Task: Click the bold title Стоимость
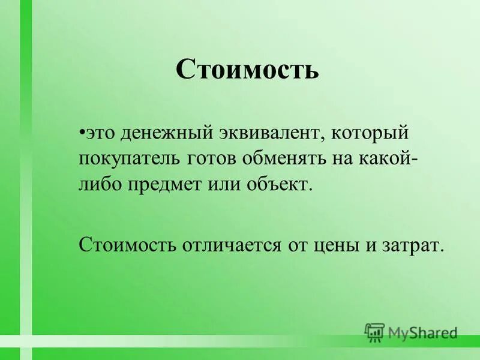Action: tap(247, 70)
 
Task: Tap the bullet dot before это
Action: tap(82, 130)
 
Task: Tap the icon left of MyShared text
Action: tap(374, 332)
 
